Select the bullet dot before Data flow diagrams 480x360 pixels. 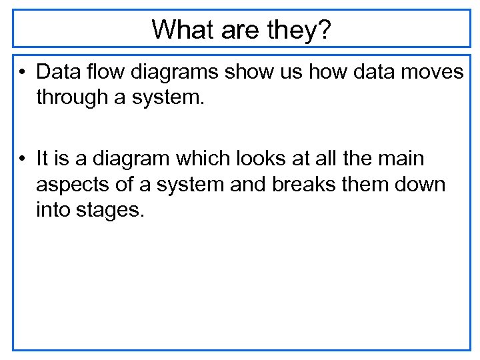point(23,71)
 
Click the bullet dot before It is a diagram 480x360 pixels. point(23,159)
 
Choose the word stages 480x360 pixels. point(111,211)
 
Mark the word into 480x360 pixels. point(55,211)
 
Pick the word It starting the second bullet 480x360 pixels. point(43,159)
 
